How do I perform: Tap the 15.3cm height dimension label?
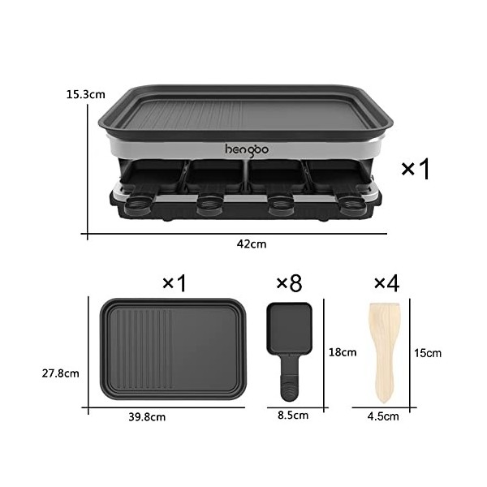(85, 94)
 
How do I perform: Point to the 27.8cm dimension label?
(61, 374)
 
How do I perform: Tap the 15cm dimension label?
(427, 352)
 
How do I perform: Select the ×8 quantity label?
(289, 283)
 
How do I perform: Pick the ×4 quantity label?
(386, 283)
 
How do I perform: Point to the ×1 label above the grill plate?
(175, 283)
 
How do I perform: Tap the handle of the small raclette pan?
(290, 381)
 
